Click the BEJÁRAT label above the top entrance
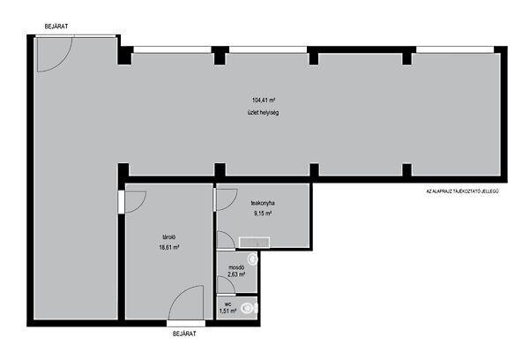[56, 26]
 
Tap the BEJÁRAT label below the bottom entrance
[184, 334]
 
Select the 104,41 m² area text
[264, 100]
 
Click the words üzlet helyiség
[263, 112]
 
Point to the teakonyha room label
[263, 203]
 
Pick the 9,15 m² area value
[263, 214]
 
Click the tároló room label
[168, 236]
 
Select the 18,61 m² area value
[168, 247]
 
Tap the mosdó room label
[236, 268]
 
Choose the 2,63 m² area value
[236, 274]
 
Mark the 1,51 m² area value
[227, 311]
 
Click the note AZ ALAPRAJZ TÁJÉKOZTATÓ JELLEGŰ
[463, 191]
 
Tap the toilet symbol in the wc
[250, 308]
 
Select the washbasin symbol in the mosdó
[253, 259]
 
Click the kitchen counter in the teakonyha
[255, 242]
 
